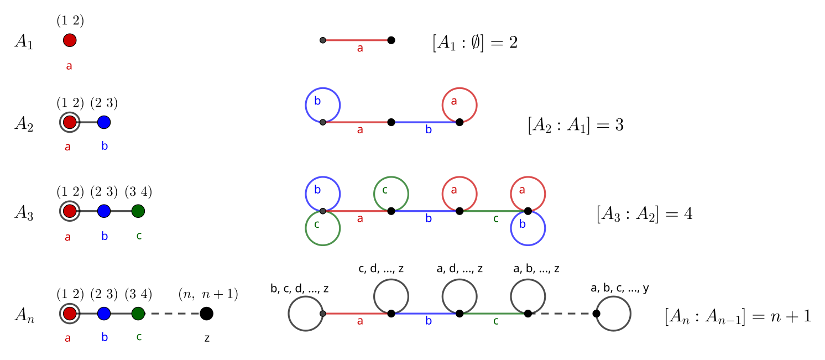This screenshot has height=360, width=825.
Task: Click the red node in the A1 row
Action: [70, 40]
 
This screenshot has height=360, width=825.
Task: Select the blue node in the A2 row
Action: [104, 122]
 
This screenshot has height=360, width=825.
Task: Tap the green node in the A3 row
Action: [138, 211]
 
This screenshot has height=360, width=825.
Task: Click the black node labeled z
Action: [206, 314]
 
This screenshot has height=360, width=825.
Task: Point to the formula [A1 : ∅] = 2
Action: [474, 43]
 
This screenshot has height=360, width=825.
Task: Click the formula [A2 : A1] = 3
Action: [576, 125]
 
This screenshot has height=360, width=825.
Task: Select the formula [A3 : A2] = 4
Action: [644, 213]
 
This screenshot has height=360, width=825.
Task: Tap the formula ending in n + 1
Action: [738, 316]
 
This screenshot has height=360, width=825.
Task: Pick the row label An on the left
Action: [24, 316]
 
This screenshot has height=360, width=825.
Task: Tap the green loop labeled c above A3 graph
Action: [391, 194]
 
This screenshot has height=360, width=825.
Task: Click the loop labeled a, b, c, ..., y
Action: [613, 314]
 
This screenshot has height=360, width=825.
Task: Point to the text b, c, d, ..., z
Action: [300, 289]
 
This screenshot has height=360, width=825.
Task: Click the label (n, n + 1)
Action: [208, 295]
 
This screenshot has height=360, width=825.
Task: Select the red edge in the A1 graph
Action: [357, 40]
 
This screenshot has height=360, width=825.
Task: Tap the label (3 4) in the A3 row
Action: [138, 192]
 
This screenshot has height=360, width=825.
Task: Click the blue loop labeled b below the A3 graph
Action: [528, 228]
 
